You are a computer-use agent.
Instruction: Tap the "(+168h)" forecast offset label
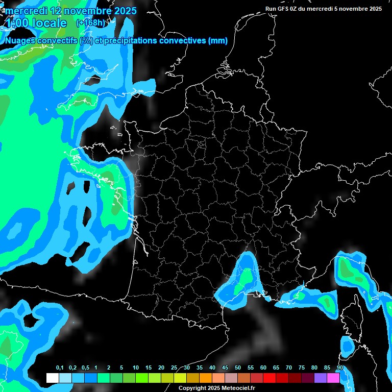[90, 23]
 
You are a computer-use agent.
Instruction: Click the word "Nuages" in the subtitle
[19, 41]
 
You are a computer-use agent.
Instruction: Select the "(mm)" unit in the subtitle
[218, 41]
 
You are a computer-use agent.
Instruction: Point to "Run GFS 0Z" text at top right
[283, 9]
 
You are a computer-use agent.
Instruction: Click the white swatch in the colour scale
[52, 378]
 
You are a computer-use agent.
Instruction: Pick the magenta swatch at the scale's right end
[333, 378]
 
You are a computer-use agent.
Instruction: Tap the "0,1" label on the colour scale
[60, 368]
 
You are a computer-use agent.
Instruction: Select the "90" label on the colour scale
[339, 368]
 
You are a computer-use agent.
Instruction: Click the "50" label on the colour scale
[238, 368]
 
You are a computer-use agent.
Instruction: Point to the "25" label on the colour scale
[174, 368]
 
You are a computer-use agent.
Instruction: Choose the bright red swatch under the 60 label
[269, 378]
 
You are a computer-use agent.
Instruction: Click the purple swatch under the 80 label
[320, 378]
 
